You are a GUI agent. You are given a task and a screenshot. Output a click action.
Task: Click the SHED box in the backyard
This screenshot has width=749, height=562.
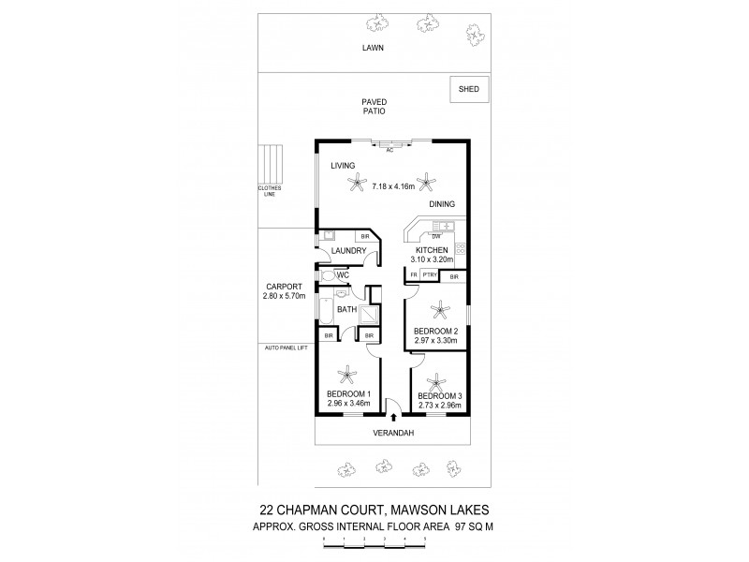468,89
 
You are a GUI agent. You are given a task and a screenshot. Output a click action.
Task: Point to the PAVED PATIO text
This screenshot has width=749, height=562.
374,106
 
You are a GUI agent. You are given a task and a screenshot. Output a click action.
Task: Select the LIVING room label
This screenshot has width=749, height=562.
344,166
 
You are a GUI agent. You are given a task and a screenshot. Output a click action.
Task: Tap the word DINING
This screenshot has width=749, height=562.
442,203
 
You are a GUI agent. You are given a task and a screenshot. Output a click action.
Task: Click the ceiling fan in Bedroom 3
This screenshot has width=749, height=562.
433,381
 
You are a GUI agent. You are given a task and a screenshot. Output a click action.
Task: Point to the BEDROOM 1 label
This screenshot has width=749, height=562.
349,394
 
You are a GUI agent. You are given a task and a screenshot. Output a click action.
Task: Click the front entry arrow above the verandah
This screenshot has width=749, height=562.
393,418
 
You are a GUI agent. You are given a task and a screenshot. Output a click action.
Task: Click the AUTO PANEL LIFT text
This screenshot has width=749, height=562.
285,348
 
